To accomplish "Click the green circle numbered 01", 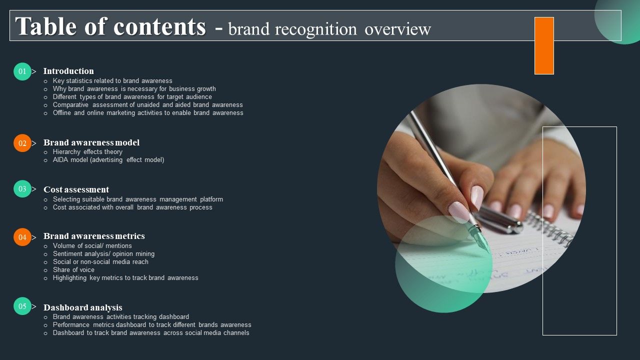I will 22,71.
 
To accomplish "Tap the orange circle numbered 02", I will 22,143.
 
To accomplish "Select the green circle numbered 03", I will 22,189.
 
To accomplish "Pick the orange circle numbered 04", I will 22,237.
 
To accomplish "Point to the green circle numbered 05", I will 22,306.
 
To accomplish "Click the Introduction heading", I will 68,71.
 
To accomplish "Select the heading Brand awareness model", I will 91,142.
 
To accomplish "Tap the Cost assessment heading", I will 76,189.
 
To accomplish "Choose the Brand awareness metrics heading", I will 94,236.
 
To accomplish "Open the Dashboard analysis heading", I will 83,307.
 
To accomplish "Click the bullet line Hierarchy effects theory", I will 87,151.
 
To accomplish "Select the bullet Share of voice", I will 73,269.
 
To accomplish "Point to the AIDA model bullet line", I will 108,160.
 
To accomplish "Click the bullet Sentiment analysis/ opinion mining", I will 103,253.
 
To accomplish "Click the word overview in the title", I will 397,29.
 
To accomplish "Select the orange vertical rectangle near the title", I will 544,45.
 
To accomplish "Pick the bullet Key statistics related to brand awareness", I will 112,80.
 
